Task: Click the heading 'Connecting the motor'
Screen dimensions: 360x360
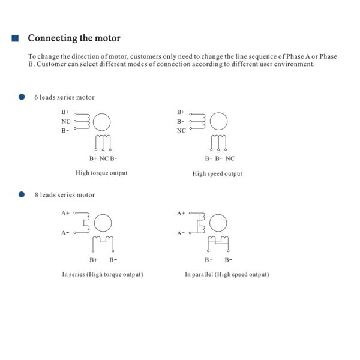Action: [74, 38]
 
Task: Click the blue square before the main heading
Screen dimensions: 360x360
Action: [16, 38]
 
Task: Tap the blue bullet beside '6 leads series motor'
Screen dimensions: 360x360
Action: [22, 97]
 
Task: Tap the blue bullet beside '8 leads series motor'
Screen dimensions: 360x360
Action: [22, 194]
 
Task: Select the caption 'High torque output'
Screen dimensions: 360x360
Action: [101, 173]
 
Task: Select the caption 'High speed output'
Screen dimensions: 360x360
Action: [217, 173]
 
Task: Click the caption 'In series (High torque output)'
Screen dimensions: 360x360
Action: [103, 274]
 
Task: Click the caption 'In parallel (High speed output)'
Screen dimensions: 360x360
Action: [227, 274]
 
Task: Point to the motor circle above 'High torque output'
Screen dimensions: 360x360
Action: [103, 122]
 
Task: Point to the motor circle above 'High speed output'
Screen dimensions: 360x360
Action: [220, 122]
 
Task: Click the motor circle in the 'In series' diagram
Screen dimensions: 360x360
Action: [103, 223]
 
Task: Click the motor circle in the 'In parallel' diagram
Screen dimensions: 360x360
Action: [219, 223]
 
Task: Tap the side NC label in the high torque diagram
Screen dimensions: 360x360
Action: [65, 121]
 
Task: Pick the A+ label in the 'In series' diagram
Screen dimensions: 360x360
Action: [65, 213]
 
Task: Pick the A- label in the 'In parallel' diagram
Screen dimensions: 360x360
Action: [181, 233]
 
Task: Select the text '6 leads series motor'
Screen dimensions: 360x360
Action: [64, 97]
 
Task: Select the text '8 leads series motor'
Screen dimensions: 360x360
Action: [64, 195]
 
